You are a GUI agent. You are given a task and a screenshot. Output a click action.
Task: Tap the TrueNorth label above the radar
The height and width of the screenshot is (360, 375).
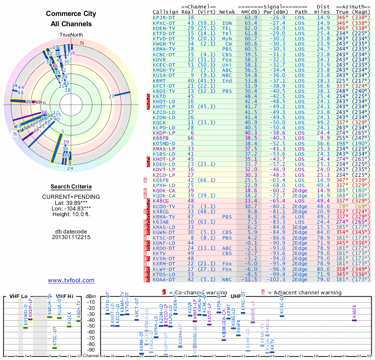(x=71, y=35)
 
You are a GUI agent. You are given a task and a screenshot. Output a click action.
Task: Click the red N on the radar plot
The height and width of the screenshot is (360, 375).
(x=82, y=43)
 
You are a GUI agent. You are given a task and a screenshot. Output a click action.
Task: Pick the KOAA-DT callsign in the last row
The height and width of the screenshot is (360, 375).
(x=164, y=279)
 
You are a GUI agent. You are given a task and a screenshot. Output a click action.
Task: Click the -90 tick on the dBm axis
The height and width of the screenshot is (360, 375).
(x=91, y=350)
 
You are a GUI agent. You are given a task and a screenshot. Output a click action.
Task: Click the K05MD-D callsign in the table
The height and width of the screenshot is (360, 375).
(x=164, y=143)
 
